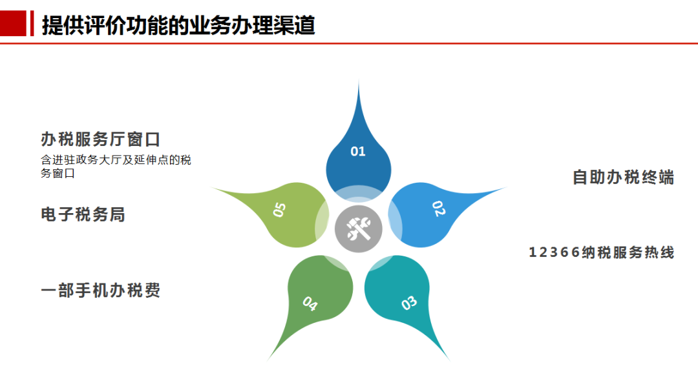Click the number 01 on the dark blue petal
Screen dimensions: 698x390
pyautogui.click(x=358, y=152)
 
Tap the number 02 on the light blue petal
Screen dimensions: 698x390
pyautogui.click(x=438, y=209)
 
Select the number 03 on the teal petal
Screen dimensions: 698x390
pyautogui.click(x=408, y=303)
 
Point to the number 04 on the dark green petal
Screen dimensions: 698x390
pyautogui.click(x=310, y=303)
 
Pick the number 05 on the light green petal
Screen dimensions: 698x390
pyautogui.click(x=279, y=209)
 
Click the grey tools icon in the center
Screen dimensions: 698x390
pyautogui.click(x=358, y=229)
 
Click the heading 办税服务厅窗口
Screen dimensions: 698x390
pyautogui.click(x=100, y=139)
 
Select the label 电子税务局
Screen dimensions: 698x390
pyautogui.click(x=83, y=214)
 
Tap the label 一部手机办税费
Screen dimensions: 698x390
pyautogui.click(x=100, y=290)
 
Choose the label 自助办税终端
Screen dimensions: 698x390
pyautogui.click(x=623, y=177)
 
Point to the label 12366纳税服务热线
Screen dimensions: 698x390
pyautogui.click(x=602, y=252)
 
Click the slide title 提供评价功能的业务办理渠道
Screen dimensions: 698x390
pyautogui.click(x=178, y=25)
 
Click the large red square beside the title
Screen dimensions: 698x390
pyautogui.click(x=13, y=23)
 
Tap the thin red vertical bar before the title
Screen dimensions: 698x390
pyautogui.click(x=32, y=23)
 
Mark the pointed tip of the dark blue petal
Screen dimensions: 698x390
pyautogui.click(x=359, y=81)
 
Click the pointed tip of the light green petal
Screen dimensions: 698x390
pyautogui.click(x=211, y=188)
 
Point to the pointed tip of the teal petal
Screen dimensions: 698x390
pyautogui.click(x=450, y=361)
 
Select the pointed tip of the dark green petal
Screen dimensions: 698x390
pyautogui.click(x=268, y=360)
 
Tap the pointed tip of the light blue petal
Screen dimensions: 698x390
pyautogui.click(x=507, y=188)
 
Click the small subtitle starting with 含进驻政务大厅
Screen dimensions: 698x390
pyautogui.click(x=116, y=167)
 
